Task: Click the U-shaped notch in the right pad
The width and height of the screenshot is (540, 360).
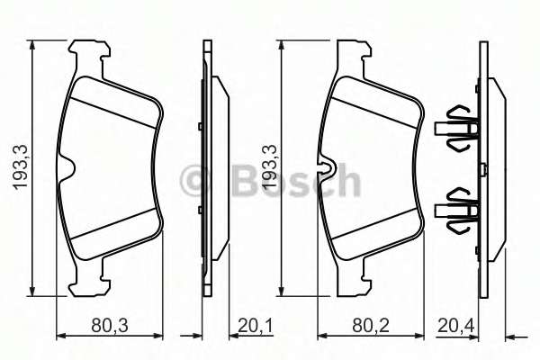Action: [x=330, y=169]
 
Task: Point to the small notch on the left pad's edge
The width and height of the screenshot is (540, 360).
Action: [x=67, y=167]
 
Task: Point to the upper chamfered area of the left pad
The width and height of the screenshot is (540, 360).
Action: [x=112, y=99]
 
